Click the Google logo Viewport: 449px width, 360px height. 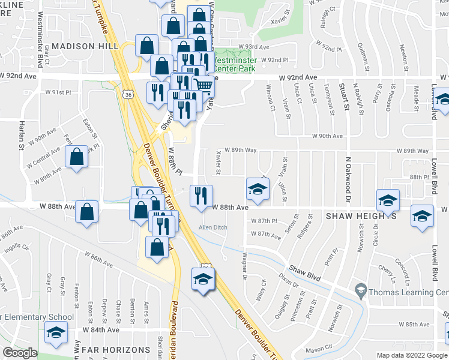(x=20, y=353)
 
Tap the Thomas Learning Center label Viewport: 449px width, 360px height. (x=408, y=292)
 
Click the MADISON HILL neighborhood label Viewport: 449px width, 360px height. (x=81, y=46)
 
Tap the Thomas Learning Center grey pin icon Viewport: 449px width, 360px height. (x=361, y=292)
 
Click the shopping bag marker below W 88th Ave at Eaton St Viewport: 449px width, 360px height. (x=87, y=212)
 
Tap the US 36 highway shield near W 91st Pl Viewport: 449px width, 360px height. (x=127, y=94)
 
